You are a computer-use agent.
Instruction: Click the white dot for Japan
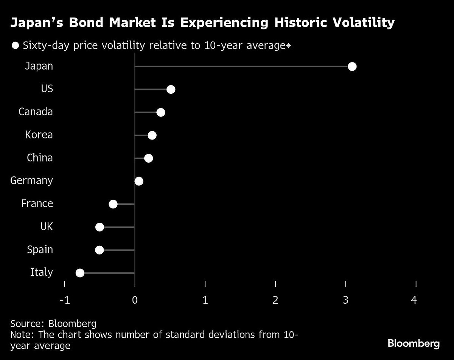[352, 67]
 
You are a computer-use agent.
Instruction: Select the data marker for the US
[171, 90]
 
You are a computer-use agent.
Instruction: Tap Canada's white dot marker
[160, 112]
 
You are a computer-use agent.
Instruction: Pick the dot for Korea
[152, 135]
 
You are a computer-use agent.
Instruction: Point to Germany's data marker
[139, 181]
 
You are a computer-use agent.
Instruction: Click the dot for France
[113, 204]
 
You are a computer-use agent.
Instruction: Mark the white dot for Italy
[80, 273]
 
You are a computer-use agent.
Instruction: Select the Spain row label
[40, 250]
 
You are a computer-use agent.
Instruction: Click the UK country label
[46, 227]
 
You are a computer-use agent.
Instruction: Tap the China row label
[40, 158]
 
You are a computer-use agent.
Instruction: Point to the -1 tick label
[65, 300]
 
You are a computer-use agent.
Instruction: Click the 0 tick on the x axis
[135, 300]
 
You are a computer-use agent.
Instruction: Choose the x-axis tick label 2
[275, 300]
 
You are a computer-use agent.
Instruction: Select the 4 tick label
[414, 300]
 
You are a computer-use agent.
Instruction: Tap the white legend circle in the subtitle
[16, 46]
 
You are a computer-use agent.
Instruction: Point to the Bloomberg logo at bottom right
[414, 344]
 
